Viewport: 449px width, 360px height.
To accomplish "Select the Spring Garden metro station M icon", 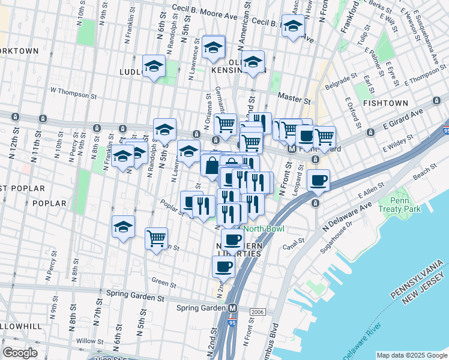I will pyautogui.click(x=232, y=308).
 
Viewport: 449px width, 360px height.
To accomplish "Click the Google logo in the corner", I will pyautogui.click(x=20, y=352).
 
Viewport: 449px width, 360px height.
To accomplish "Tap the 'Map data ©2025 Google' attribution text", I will pyautogui.click(x=411, y=355).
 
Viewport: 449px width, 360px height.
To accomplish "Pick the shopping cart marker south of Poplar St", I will pyautogui.click(x=157, y=238).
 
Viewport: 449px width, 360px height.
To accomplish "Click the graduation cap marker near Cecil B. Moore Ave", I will pyautogui.click(x=293, y=26).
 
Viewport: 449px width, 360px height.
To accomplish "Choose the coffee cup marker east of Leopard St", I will pyautogui.click(x=318, y=179).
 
